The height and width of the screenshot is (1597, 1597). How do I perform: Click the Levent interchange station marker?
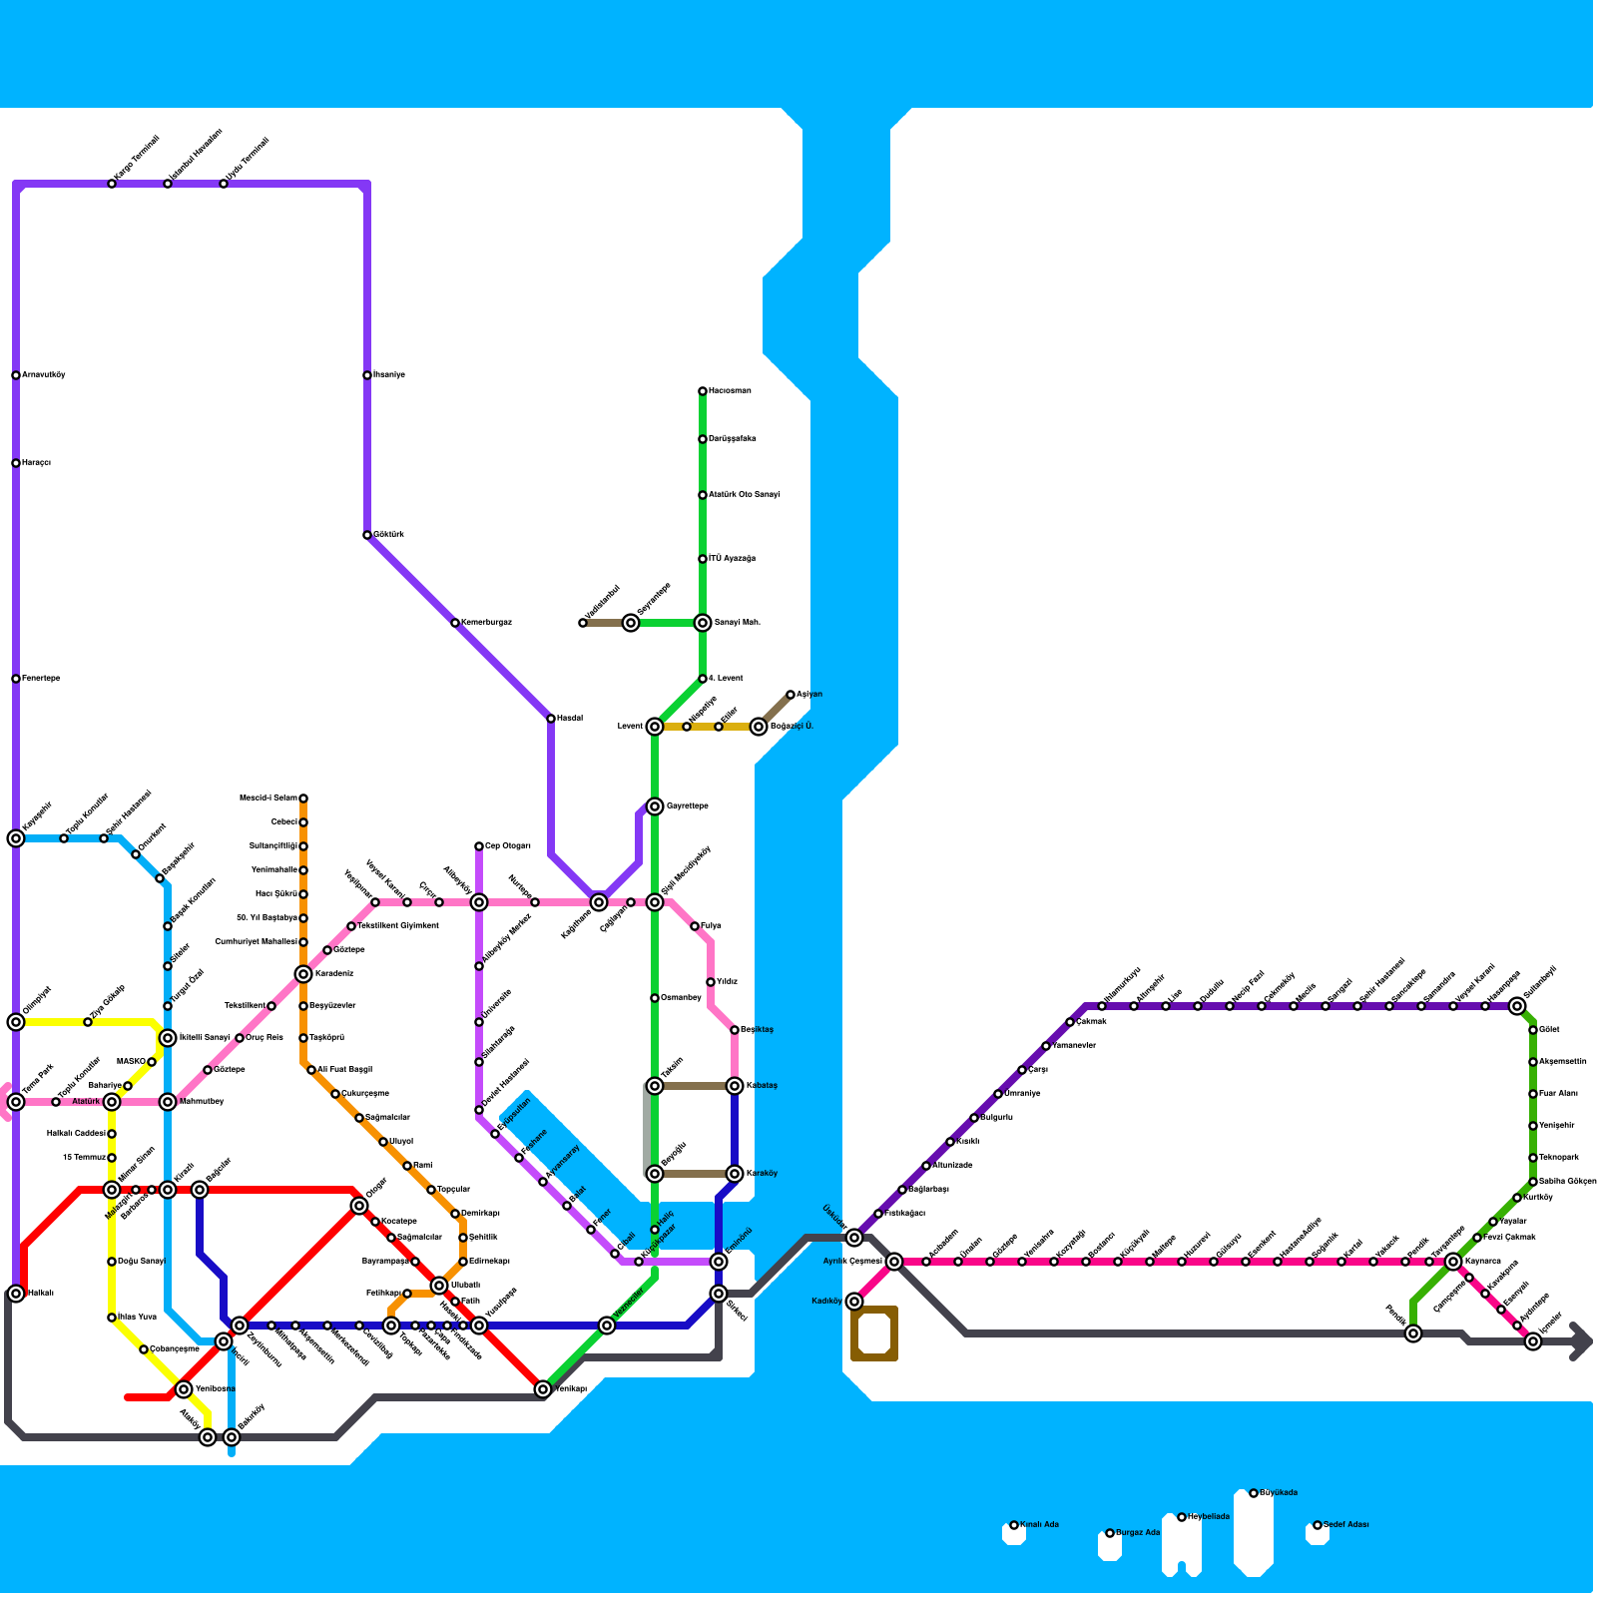[x=655, y=727]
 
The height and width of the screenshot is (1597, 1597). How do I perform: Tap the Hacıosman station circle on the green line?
[x=703, y=391]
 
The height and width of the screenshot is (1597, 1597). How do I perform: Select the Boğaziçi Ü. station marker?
[x=759, y=727]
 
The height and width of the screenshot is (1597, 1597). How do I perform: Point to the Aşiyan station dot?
[x=791, y=695]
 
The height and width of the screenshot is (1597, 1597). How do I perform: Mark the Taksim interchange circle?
[x=655, y=1086]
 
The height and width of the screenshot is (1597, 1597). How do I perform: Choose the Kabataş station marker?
[x=735, y=1086]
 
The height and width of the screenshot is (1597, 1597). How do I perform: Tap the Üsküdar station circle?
[x=854, y=1238]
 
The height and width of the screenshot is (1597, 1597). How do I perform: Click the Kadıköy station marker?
[x=854, y=1302]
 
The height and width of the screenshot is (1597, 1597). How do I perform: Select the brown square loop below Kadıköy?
[x=874, y=1333]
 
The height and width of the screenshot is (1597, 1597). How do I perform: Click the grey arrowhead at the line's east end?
[x=1581, y=1341]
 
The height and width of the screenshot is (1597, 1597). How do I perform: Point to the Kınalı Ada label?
[x=1039, y=1525]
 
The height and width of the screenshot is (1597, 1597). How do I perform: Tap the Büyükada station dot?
[x=1254, y=1493]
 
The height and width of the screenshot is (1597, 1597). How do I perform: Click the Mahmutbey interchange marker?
[x=168, y=1102]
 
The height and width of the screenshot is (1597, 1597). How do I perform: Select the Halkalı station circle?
[x=16, y=1294]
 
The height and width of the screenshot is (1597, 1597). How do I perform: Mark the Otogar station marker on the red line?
[x=359, y=1206]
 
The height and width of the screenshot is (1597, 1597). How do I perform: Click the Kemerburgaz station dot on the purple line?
[x=455, y=623]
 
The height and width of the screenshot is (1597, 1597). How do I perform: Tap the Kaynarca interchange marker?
[x=1453, y=1262]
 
